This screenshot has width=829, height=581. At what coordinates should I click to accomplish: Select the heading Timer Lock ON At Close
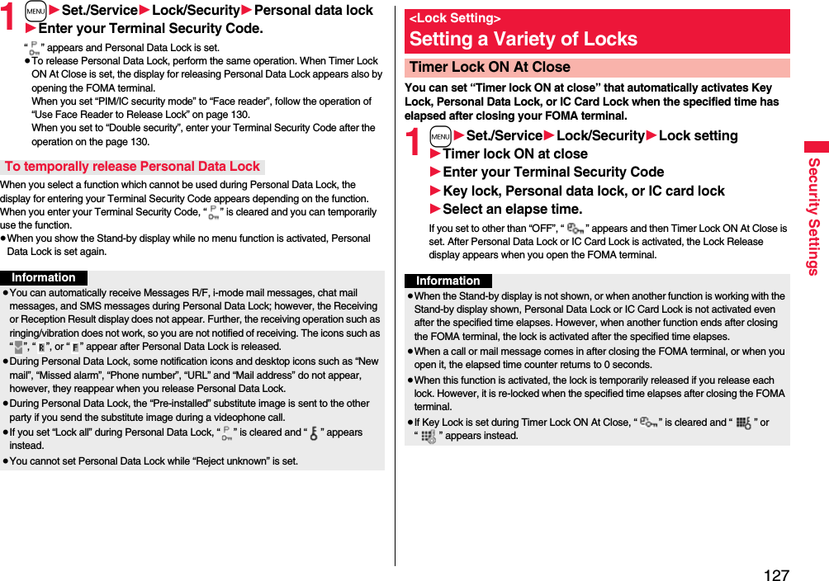point(490,67)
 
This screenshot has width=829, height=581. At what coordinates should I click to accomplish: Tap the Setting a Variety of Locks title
point(523,39)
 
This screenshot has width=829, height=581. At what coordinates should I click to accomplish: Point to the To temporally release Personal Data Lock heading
point(132,167)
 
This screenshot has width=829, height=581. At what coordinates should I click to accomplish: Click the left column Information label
point(43,278)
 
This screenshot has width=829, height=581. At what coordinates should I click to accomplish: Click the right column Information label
point(448,281)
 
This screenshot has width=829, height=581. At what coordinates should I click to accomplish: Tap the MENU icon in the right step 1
point(440,136)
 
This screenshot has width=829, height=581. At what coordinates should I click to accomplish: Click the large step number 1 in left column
point(8,18)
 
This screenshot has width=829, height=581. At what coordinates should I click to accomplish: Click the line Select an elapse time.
point(512,209)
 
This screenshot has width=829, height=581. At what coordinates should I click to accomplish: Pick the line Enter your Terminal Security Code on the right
point(553,172)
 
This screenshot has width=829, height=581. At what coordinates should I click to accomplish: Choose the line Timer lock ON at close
point(515,154)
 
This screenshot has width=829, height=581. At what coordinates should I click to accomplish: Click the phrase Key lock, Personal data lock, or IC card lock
point(584,191)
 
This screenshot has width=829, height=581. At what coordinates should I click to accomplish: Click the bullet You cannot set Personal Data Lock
point(154,461)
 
